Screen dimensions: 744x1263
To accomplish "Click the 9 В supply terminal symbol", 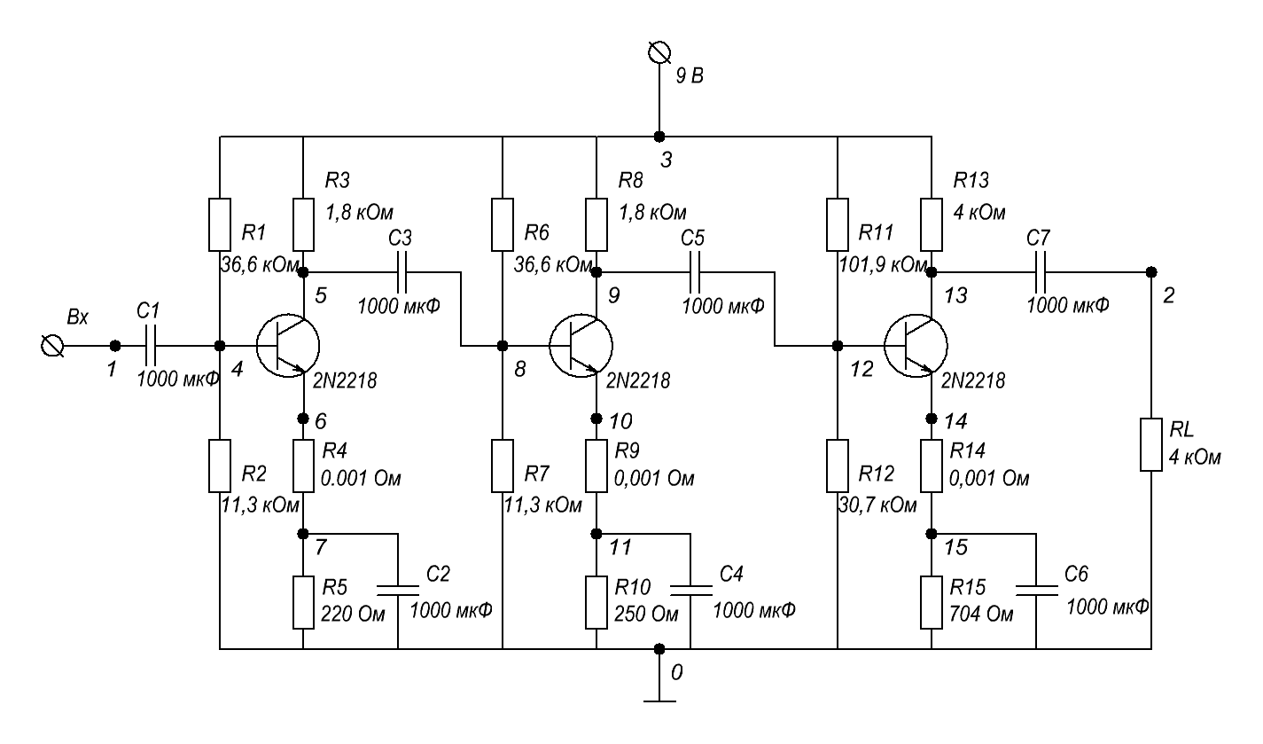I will pos(658,55).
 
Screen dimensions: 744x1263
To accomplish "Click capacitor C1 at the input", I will pos(150,345).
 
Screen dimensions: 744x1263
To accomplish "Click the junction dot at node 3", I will pos(658,137).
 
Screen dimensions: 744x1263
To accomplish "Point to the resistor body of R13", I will pos(932,224).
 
